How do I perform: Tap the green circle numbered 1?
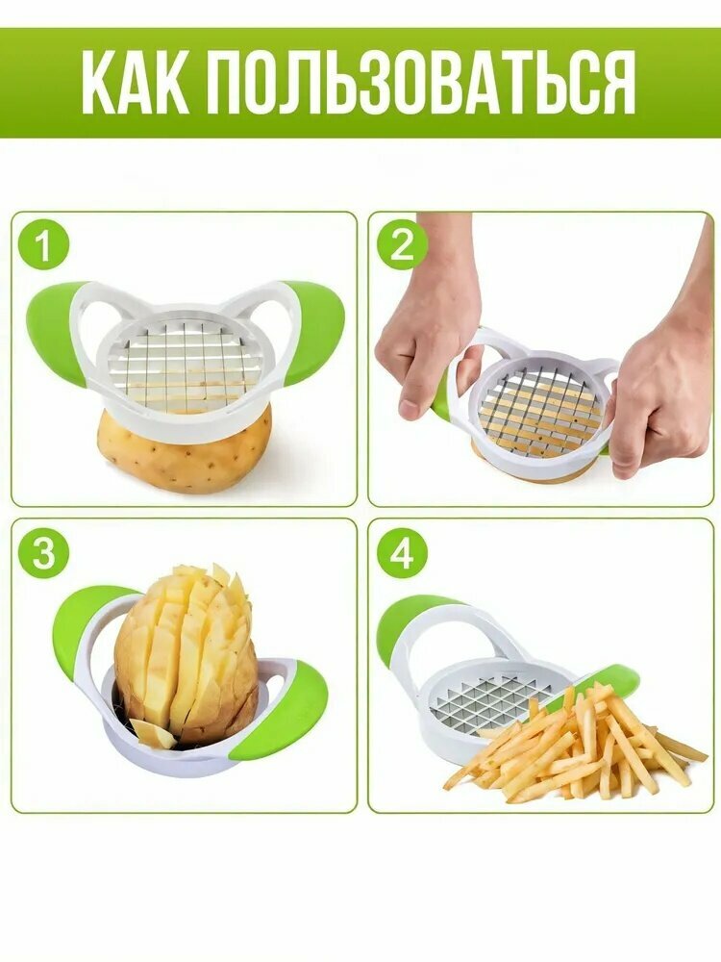43,246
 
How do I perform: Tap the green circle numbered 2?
402,246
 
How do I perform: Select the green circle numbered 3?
43,553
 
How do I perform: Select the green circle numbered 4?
402,553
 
